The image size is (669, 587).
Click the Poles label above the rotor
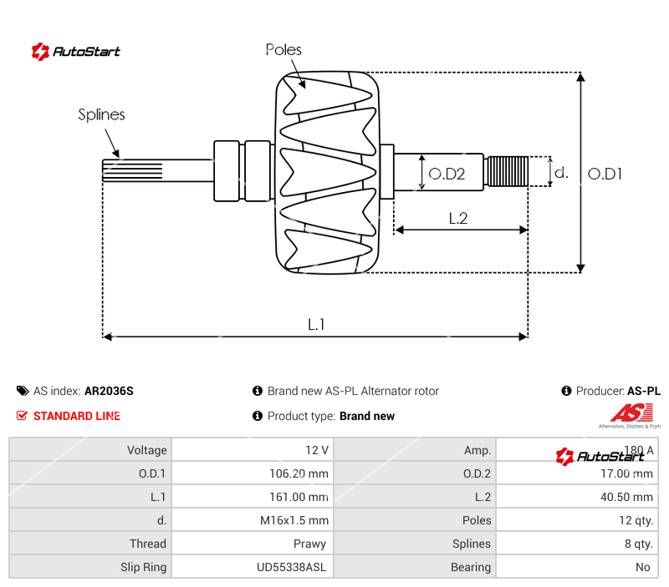(283, 50)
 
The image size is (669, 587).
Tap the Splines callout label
(101, 114)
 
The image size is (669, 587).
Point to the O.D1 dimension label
(605, 174)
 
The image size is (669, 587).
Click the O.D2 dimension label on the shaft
(447, 175)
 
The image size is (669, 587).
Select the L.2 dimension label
(457, 219)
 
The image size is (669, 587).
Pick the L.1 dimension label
(316, 324)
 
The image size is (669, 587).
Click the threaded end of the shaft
(507, 171)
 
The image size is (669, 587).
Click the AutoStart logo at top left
(76, 52)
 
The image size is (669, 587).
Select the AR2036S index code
(109, 391)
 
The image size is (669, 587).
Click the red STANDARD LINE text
(76, 416)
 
